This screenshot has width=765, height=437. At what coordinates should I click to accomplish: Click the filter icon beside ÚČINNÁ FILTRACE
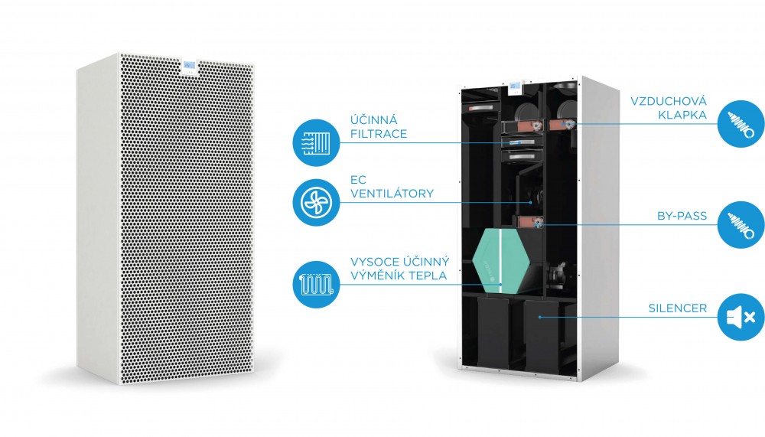(x=316, y=142)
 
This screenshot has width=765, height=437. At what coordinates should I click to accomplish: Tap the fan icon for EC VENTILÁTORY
(x=316, y=202)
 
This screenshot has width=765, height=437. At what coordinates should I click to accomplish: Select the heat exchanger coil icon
(x=316, y=284)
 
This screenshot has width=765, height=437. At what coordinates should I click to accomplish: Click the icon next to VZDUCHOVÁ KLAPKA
(x=741, y=124)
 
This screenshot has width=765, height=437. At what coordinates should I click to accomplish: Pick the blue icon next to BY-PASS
(x=741, y=224)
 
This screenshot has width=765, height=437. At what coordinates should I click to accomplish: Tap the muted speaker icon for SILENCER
(x=741, y=317)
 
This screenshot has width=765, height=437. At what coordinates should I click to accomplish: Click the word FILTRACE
(x=379, y=134)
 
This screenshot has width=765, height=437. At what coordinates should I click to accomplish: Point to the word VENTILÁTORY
(x=392, y=194)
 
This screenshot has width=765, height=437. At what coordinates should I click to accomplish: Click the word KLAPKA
(x=682, y=116)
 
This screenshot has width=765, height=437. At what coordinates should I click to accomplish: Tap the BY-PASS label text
(x=682, y=216)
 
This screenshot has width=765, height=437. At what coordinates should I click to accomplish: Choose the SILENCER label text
(x=678, y=308)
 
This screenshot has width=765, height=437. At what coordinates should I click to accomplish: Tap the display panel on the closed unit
(x=189, y=67)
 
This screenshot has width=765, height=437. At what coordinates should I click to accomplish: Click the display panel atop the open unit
(x=515, y=87)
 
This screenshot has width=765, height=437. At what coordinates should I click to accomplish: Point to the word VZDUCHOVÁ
(x=669, y=101)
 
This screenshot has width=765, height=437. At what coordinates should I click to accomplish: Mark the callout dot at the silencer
(x=539, y=317)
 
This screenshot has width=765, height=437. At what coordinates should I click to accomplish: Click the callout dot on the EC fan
(x=531, y=202)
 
